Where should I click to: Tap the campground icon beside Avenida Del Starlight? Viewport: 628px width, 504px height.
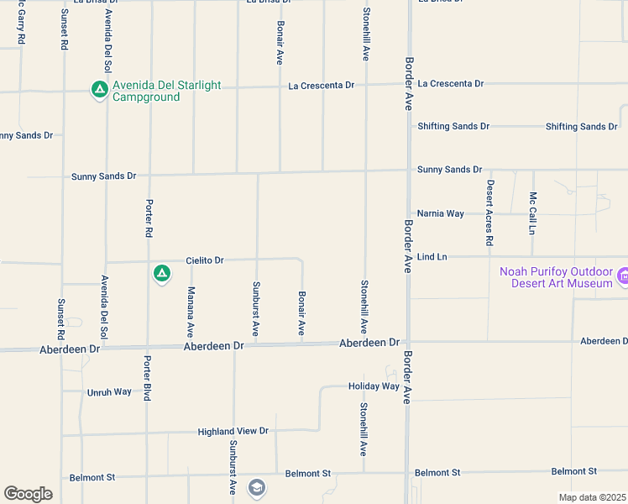click(x=99, y=88)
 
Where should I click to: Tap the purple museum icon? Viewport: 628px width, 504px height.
click(x=622, y=276)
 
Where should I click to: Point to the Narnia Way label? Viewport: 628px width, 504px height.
click(x=441, y=213)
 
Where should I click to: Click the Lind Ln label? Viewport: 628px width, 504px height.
click(x=432, y=256)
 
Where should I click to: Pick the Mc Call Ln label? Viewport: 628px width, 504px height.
click(x=532, y=213)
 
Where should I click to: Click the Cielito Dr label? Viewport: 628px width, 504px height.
click(x=205, y=260)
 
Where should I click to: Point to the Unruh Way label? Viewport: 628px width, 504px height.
click(x=109, y=392)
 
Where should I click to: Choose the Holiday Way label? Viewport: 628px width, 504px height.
click(x=374, y=386)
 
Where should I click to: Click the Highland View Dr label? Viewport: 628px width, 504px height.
click(x=233, y=431)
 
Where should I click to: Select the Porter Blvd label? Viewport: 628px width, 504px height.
click(x=147, y=377)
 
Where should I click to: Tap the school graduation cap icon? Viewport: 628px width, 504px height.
click(x=256, y=487)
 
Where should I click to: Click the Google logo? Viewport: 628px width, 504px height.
click(x=28, y=494)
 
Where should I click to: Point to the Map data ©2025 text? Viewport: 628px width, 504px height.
click(x=592, y=497)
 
